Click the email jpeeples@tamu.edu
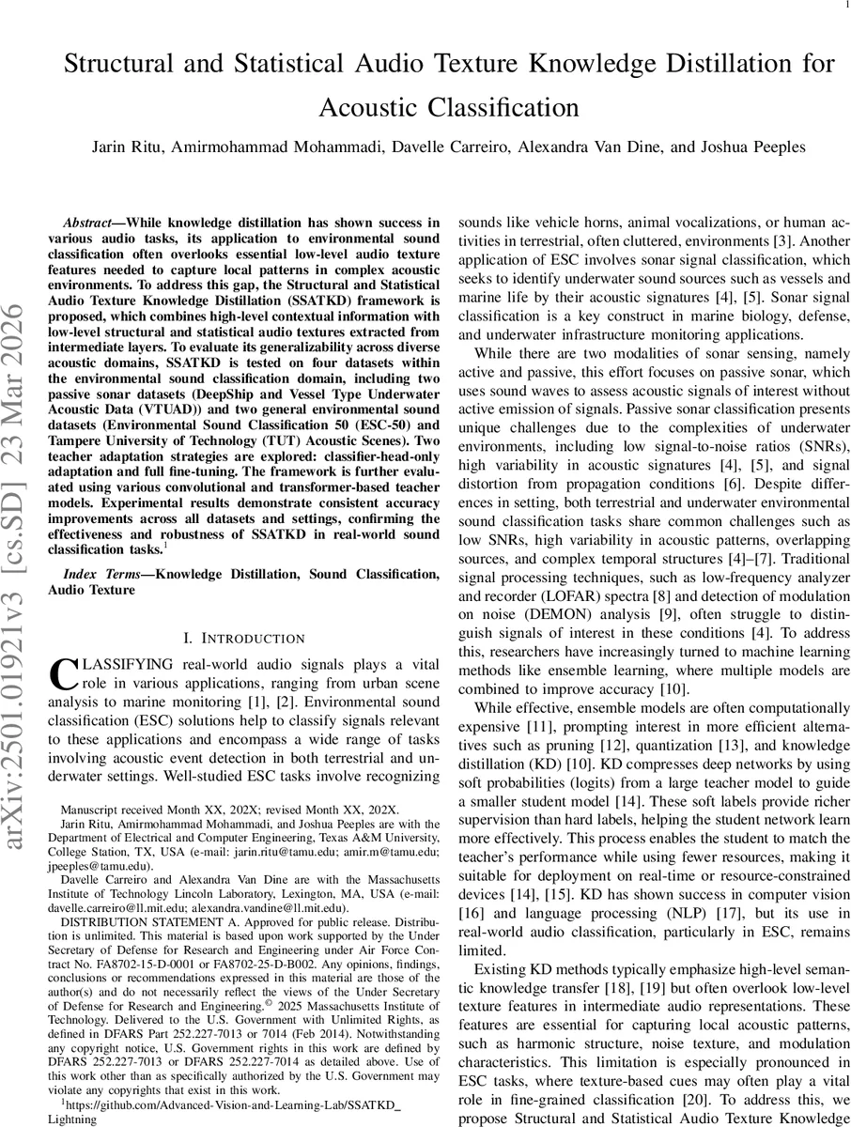(99, 865)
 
